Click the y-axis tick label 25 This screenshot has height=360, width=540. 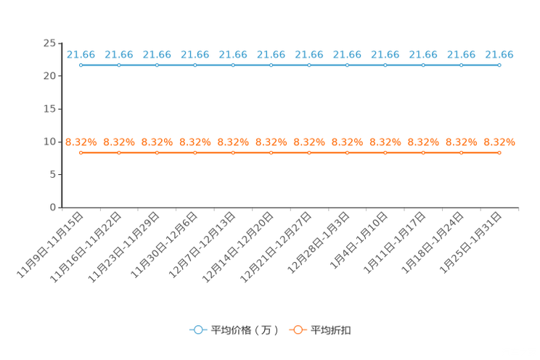pyautogui.click(x=49, y=43)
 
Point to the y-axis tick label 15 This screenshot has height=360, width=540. pyautogui.click(x=49, y=109)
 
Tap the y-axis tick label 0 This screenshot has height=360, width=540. pyautogui.click(x=52, y=208)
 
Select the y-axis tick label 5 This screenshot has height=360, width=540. pyautogui.click(x=52, y=175)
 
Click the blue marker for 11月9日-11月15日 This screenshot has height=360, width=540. pyautogui.click(x=81, y=65)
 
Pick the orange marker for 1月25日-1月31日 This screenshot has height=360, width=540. pyautogui.click(x=499, y=152)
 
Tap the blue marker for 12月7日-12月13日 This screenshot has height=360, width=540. pyautogui.click(x=233, y=65)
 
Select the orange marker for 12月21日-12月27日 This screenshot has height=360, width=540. pyautogui.click(x=309, y=152)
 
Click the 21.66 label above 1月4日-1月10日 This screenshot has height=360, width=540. pyautogui.click(x=385, y=54)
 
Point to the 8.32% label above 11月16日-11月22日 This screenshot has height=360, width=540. pyautogui.click(x=119, y=142)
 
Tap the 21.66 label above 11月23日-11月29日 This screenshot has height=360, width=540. pyautogui.click(x=157, y=54)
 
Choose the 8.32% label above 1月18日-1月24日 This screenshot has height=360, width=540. pyautogui.click(x=461, y=142)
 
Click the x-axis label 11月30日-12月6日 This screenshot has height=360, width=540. pyautogui.click(x=164, y=245)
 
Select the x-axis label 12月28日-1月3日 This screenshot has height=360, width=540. pyautogui.click(x=318, y=243)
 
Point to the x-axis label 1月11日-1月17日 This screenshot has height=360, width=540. pyautogui.click(x=395, y=243)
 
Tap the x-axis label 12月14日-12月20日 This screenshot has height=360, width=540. pyautogui.click(x=237, y=247)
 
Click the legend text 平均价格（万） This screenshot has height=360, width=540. pyautogui.click(x=245, y=330)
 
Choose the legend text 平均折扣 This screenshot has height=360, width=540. pyautogui.click(x=331, y=330)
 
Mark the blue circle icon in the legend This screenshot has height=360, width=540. pyautogui.click(x=198, y=330)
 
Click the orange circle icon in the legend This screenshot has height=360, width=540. pyautogui.click(x=298, y=330)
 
